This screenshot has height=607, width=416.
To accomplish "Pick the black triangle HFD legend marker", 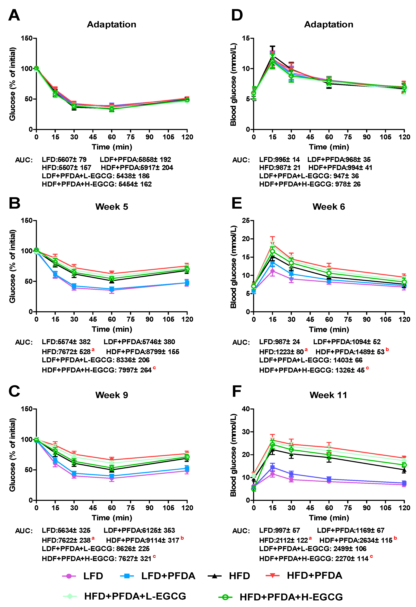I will [214, 576].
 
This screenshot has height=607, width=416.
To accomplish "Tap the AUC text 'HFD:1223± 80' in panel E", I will [281, 352].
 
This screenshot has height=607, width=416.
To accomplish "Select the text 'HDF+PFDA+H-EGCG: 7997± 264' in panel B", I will [97, 370].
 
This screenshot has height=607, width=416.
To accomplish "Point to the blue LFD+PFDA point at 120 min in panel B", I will [187, 283].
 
